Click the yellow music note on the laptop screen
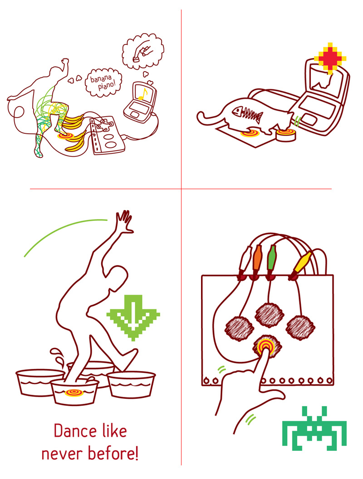142,94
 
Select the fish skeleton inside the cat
247,114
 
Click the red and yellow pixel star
330,58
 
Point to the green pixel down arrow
133,318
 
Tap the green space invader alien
314,428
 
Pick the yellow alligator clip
301,263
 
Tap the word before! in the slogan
113,453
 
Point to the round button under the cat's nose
286,135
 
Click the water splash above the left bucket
58,357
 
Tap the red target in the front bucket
74,392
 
